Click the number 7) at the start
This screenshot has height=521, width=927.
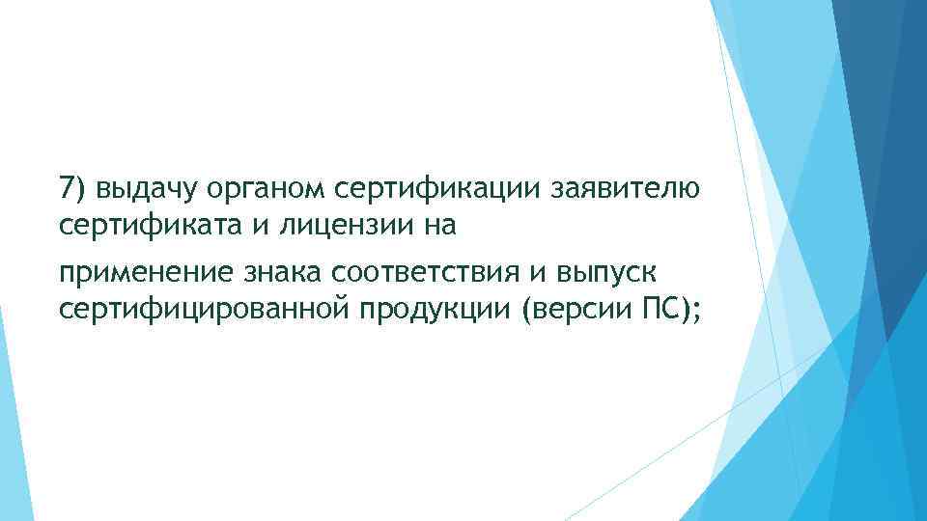point(70,187)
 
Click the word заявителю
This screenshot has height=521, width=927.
point(622,188)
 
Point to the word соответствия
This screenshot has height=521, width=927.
point(424,271)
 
